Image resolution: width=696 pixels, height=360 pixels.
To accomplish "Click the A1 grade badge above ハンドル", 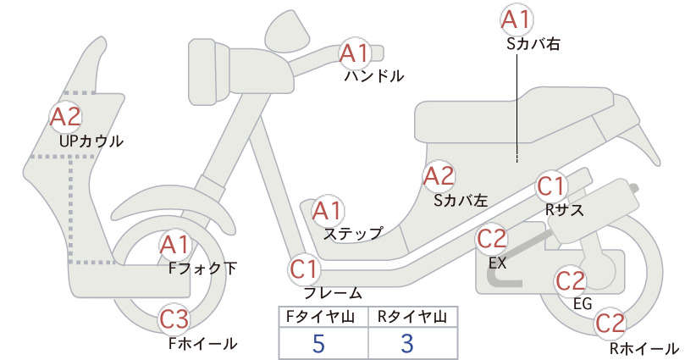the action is pos(355,53).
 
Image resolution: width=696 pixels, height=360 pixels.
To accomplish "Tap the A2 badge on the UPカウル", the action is pos(66,117).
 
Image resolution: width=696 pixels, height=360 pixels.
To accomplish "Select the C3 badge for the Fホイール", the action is pos(174,319).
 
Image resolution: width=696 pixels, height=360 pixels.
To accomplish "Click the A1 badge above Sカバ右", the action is pos(516,19).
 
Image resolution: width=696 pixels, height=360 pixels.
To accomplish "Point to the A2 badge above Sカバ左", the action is pos(439,176).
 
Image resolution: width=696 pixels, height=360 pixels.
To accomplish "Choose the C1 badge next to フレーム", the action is pos(305,270).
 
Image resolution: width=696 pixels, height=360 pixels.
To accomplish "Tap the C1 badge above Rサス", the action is pos(551,187).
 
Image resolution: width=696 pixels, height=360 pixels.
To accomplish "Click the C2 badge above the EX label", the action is pos(491,239).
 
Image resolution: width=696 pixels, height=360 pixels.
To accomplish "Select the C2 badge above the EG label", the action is pos(571,281).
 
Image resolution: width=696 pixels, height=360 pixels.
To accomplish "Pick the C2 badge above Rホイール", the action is pos(610,324).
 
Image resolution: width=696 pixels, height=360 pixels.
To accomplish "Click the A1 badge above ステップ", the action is pos(327,211).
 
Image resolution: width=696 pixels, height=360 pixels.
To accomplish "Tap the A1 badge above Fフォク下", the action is pos(175,246).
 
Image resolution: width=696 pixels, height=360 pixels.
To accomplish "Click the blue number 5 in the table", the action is pos(318,343).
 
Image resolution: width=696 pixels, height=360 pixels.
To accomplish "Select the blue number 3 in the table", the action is pos(407,343).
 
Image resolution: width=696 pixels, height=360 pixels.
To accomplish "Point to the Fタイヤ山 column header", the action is pos(321,317).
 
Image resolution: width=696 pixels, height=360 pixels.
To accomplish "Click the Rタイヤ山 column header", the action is pos(412,317).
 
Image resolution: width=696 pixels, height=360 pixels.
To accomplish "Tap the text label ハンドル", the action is pos(374,76).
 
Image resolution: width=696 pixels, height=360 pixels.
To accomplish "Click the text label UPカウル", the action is pos(91,141).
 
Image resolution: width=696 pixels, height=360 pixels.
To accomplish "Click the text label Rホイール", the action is pos(644,348).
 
